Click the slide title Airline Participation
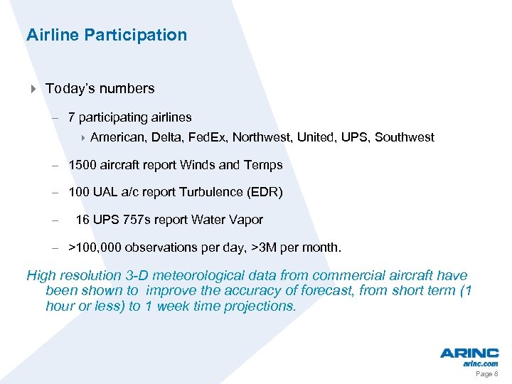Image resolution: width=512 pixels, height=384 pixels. tap(107, 35)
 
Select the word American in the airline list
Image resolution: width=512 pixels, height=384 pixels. tap(118, 137)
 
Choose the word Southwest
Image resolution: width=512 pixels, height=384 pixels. tap(404, 137)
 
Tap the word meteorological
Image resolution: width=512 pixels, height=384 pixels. tap(176, 276)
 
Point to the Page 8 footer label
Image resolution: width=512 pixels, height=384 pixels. tap(486, 373)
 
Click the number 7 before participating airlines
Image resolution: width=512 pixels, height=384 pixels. tap(72, 117)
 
